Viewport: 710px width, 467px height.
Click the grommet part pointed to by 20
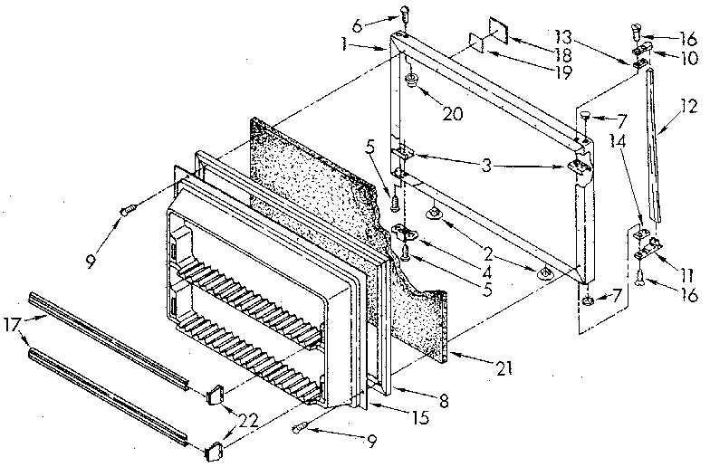pos(413,82)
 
